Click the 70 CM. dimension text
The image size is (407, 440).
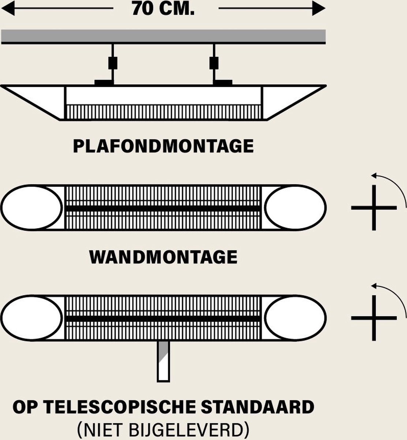pos(163,8)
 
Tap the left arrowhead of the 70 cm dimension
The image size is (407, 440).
pos(8,8)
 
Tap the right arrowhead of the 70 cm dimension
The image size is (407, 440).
pos(318,8)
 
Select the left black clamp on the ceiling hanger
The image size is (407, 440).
pos(113,63)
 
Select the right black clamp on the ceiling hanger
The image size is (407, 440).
pos(214,63)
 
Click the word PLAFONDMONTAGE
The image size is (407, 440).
pos(163,146)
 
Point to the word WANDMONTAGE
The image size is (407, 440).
pos(163,257)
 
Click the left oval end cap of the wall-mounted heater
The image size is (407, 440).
pos(32,208)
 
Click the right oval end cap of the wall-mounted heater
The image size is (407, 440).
pos(295,208)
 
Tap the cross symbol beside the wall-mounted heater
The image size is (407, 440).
pos(374,208)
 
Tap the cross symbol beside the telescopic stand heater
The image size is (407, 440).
pos(374,318)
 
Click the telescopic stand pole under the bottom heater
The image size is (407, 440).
pos(164,361)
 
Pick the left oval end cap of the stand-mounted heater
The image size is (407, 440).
pos(32,318)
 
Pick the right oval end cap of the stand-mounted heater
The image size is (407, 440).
pos(295,318)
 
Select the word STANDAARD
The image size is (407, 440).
pos(258,407)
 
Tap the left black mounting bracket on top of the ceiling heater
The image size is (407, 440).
pos(104,82)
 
